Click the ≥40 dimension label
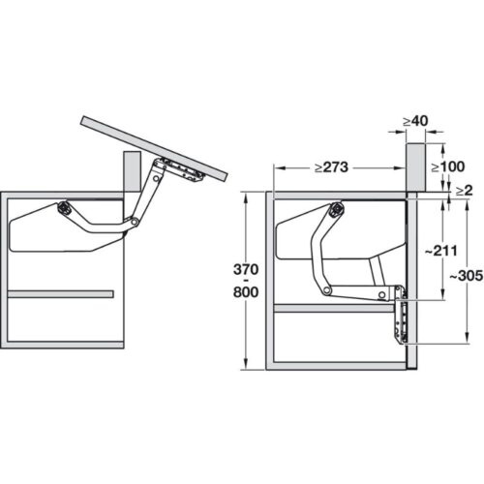[x=415, y=122]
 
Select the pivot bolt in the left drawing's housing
[x=64, y=206]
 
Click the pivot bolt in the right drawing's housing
[x=336, y=208]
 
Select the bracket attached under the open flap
[x=183, y=170]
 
